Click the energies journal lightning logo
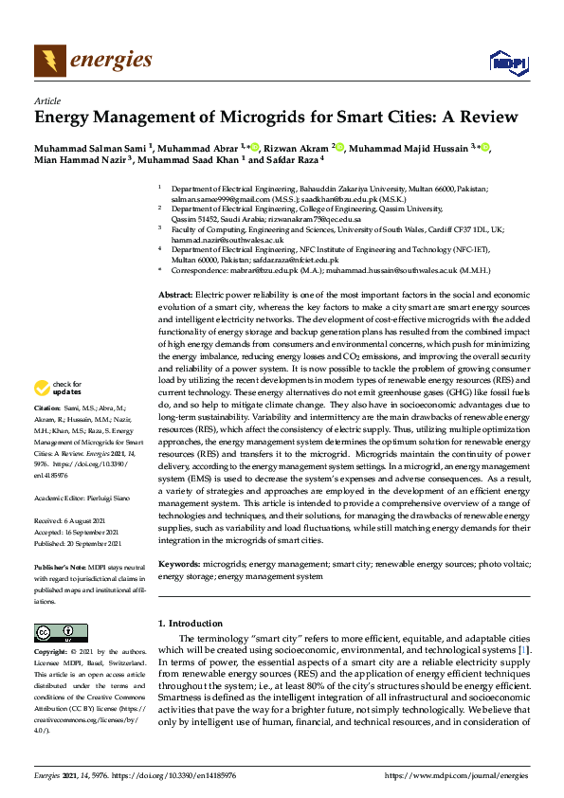point(49,60)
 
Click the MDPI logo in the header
point(508,63)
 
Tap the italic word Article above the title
point(46,100)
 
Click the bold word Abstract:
point(175,296)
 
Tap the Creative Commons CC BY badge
point(54,633)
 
